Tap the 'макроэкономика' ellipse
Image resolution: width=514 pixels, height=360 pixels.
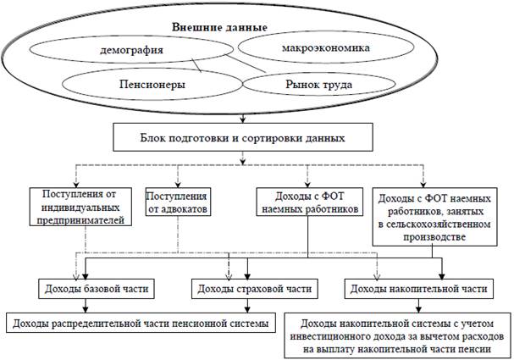tap(325, 48)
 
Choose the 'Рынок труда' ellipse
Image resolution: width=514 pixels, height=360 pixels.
tap(314, 83)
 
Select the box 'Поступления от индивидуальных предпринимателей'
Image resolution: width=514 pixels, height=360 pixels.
tap(82, 207)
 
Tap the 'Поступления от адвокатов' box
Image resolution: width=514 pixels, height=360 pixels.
tap(178, 201)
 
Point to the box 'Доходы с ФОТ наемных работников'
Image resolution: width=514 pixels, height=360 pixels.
tap(307, 201)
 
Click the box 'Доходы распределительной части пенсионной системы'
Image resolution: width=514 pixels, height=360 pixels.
tap(139, 323)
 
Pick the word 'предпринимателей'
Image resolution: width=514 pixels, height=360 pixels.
tap(82, 220)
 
